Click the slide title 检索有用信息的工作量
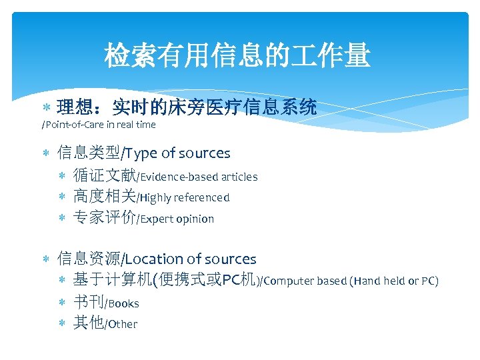[237, 56]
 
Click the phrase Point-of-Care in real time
[101, 125]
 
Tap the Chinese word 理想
[75, 107]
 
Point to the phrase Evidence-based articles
[199, 177]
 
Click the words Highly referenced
[185, 198]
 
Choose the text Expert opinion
[177, 219]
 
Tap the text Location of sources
[191, 259]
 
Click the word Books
[123, 304]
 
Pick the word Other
[122, 325]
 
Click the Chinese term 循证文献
[103, 177]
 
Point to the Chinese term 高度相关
[103, 197]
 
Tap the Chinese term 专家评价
[103, 219]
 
